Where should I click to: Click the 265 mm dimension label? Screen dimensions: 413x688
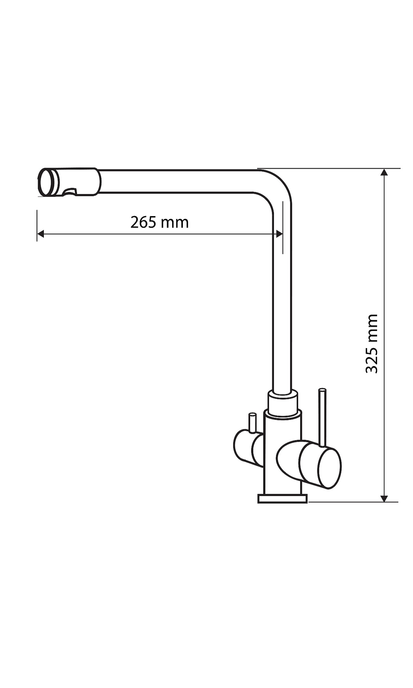click(159, 223)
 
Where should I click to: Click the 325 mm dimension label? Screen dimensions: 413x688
click(372, 343)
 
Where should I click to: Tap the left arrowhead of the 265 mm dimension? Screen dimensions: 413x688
click(40, 234)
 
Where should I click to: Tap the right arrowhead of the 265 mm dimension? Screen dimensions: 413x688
click(279, 234)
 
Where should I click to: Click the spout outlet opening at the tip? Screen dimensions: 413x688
click(46, 183)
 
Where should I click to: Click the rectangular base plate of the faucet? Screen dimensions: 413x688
click(282, 499)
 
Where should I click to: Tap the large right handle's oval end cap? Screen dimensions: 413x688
click(330, 468)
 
